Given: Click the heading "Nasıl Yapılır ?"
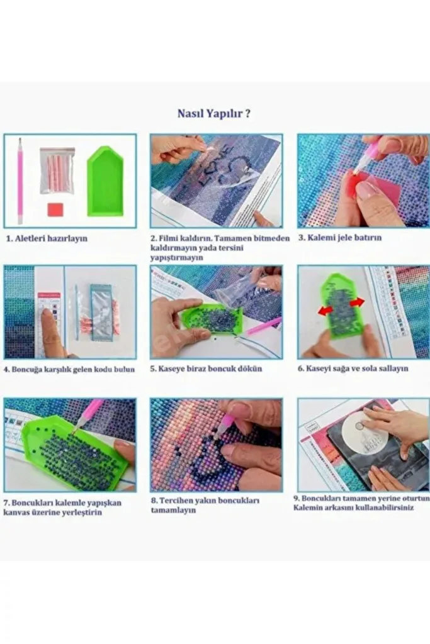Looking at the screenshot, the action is coord(214,113).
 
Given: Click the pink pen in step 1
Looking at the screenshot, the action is coord(20,181).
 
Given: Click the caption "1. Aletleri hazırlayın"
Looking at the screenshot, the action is coord(47,238).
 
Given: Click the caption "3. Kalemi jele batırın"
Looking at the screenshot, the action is coord(340,237).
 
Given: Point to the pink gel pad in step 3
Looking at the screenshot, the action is coord(378,188).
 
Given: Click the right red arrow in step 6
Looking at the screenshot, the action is coord(356,303).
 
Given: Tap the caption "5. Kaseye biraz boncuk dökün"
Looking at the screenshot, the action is coord(206,369).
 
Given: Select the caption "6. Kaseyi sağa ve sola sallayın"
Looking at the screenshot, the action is coord(353,369).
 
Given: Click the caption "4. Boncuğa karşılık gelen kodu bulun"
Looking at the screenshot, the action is coord(69,369).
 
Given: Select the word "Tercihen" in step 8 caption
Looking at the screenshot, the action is coord(175,501).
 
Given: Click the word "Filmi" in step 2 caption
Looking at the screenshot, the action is coord(169,238).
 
